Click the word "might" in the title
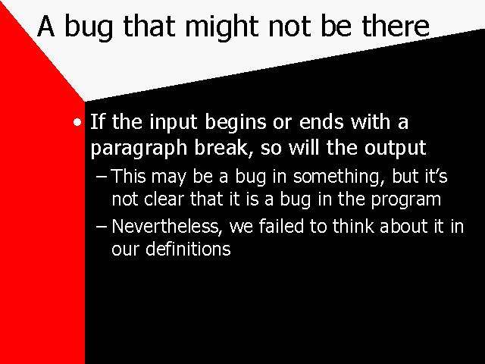point(222,27)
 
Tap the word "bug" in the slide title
point(89,27)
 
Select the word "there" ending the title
point(396,26)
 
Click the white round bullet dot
point(77,122)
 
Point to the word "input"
point(174,122)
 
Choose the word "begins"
point(236,123)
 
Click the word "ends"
point(321,121)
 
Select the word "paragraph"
point(139,149)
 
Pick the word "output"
point(396,148)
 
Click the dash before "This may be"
point(101,177)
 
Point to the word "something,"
point(339,177)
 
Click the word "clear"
point(164,199)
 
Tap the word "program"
point(406,200)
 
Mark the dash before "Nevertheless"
point(101,227)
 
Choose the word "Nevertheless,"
point(167,227)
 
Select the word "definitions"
point(188,249)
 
